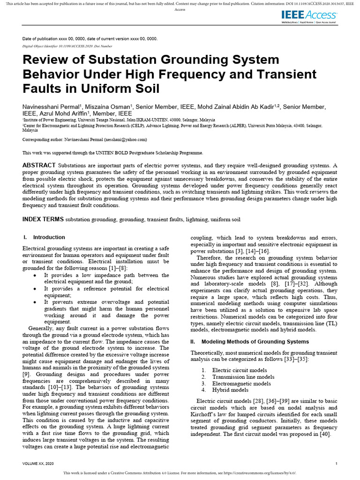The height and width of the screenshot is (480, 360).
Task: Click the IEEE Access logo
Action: (x=308, y=17)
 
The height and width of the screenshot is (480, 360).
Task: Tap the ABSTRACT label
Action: (x=39, y=165)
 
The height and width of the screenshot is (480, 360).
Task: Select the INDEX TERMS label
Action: (x=43, y=219)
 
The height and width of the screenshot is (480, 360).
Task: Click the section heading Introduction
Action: (x=49, y=237)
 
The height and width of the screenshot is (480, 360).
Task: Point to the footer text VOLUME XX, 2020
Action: (x=38, y=464)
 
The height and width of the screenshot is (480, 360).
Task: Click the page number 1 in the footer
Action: (x=337, y=464)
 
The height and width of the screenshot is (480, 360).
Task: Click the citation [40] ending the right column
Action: (x=326, y=434)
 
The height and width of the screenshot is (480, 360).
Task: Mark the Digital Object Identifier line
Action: (x=67, y=46)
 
